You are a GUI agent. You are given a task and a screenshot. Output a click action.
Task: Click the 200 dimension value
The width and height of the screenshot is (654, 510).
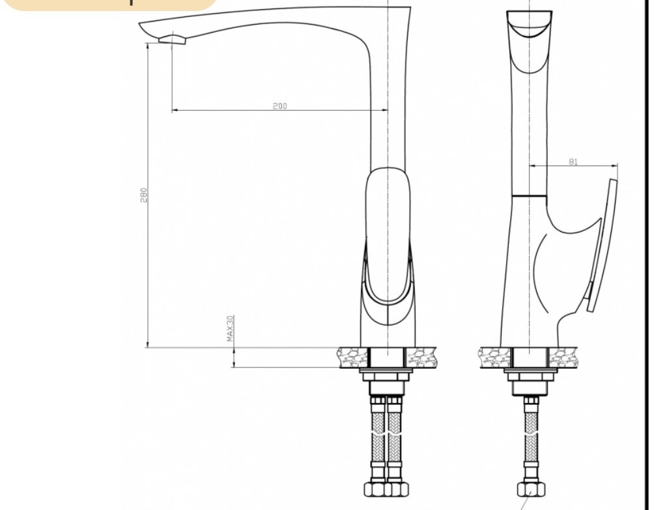(280, 106)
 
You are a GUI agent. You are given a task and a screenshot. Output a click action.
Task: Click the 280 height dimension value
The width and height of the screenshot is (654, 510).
(143, 195)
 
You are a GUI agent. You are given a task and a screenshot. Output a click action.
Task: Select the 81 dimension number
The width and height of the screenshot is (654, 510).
(573, 162)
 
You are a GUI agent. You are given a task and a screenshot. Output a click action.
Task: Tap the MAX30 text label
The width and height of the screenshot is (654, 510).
(230, 328)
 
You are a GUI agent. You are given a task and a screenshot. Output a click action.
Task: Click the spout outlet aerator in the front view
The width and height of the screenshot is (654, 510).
(173, 39)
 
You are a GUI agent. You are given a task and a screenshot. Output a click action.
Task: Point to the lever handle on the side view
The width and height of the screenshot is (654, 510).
(603, 246)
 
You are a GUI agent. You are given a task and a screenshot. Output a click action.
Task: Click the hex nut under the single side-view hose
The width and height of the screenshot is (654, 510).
(531, 489)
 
